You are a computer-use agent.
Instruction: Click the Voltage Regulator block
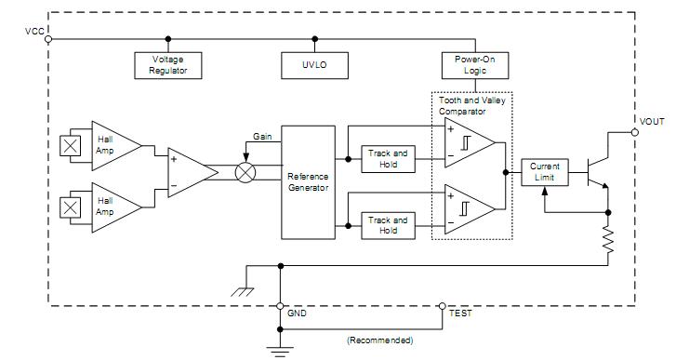(167, 64)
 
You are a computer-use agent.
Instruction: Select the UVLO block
(315, 64)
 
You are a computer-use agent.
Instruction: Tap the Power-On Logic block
(473, 64)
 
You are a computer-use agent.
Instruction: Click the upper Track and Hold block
(388, 158)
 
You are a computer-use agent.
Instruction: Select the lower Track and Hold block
(388, 225)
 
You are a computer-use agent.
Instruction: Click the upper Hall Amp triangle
(111, 144)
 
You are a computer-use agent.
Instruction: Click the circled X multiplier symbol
(245, 173)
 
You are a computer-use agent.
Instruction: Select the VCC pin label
(34, 32)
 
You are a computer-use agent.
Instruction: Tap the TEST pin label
(460, 313)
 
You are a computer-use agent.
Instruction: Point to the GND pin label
(298, 313)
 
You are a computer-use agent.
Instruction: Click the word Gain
(262, 137)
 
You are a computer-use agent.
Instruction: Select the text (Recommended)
(378, 340)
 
